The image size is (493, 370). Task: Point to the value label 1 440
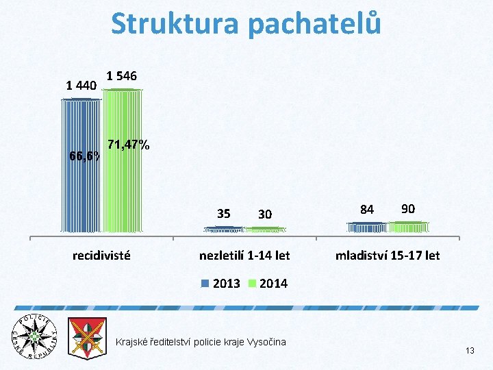(x=80, y=86)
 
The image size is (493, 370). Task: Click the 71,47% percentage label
(x=129, y=145)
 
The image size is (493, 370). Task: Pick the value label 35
(x=223, y=213)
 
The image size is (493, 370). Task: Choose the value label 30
(x=265, y=214)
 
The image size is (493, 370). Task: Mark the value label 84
(x=367, y=210)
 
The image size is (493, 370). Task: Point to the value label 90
(x=408, y=208)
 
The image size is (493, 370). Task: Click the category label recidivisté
(x=102, y=256)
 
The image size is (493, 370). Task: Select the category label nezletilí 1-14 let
(x=244, y=256)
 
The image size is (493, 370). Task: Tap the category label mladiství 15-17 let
(x=388, y=256)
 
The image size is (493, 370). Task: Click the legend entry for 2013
(x=220, y=284)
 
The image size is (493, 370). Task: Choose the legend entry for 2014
(x=268, y=284)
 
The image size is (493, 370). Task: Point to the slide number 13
(x=470, y=351)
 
